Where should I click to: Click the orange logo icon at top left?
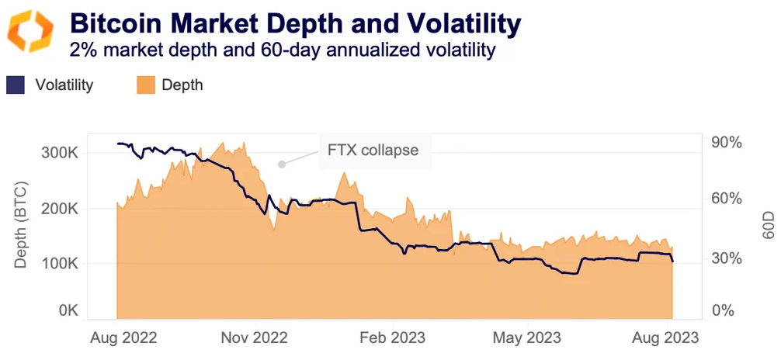[x=30, y=32]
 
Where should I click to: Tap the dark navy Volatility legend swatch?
[x=16, y=85]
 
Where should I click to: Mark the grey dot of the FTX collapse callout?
[x=282, y=164]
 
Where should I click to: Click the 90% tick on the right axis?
[x=727, y=144]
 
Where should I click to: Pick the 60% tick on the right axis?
[x=727, y=199]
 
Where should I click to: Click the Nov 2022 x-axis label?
[x=254, y=338]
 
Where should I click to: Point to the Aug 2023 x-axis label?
[x=666, y=338]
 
